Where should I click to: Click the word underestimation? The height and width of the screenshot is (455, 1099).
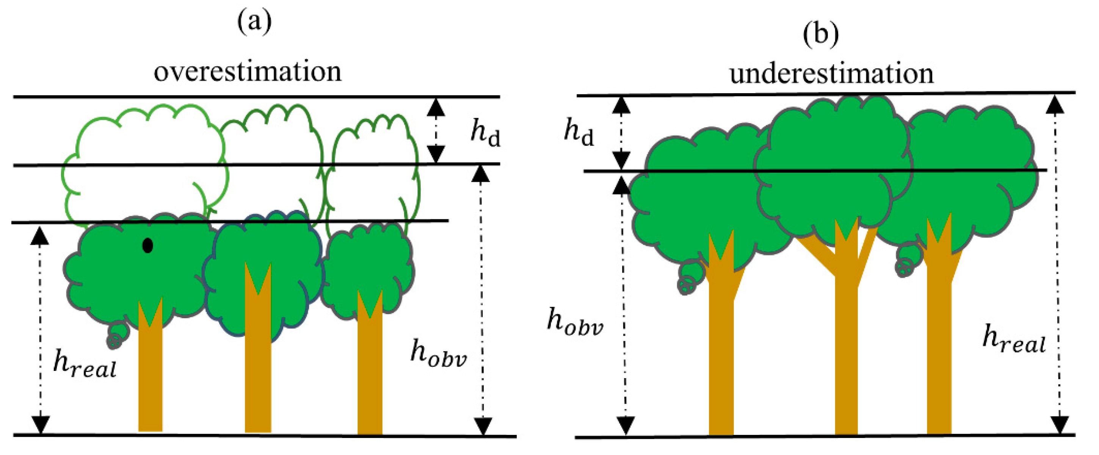[x=831, y=73]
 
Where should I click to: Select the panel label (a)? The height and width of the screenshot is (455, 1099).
[x=254, y=21]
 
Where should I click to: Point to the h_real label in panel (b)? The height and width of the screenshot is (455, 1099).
[x=1014, y=339]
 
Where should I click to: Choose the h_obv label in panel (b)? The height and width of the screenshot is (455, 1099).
[x=575, y=322]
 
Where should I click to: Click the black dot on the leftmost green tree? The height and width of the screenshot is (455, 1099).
[x=147, y=245]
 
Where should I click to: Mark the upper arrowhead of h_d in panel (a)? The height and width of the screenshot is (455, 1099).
[x=436, y=108]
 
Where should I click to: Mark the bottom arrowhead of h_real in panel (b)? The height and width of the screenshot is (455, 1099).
[x=1059, y=425]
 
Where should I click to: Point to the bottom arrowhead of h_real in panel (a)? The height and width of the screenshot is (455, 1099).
[x=40, y=425]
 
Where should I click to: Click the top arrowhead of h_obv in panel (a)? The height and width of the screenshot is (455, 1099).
[x=480, y=174]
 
